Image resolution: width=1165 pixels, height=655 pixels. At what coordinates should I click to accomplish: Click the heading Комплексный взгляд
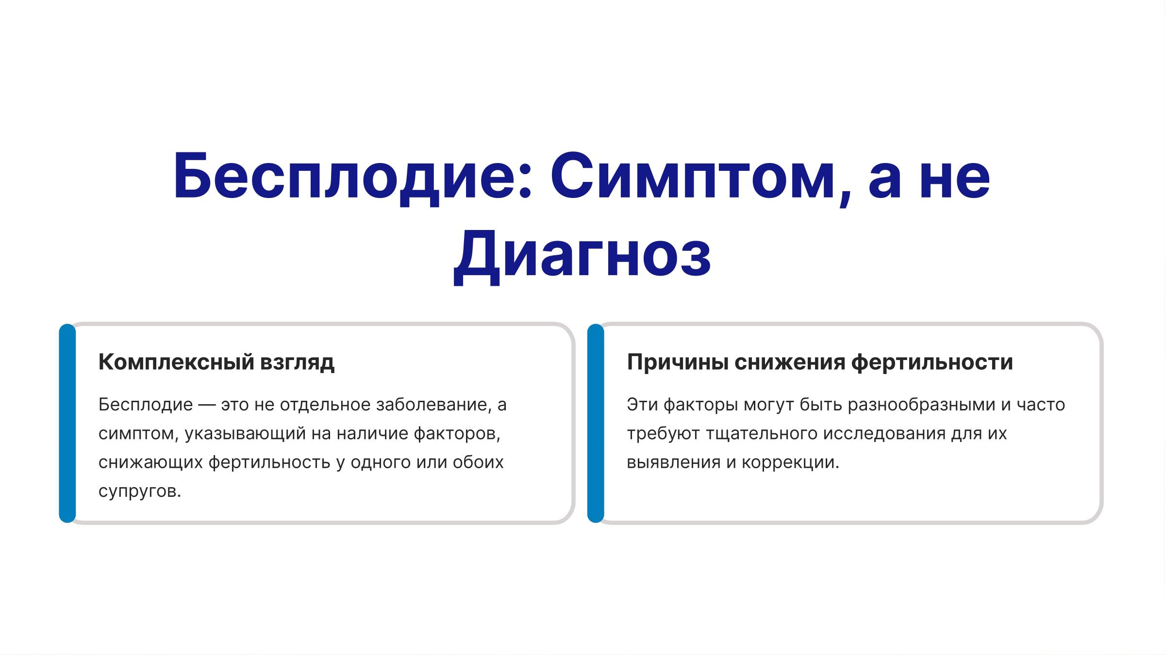pos(216,362)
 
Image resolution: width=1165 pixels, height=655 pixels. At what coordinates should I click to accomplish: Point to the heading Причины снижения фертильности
pos(820,362)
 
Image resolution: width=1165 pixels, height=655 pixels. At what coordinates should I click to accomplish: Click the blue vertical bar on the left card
pos(67,423)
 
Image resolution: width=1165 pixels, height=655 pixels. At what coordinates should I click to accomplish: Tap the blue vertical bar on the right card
pos(596,423)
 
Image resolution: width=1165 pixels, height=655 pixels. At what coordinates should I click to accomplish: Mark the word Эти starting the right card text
pos(642,405)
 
